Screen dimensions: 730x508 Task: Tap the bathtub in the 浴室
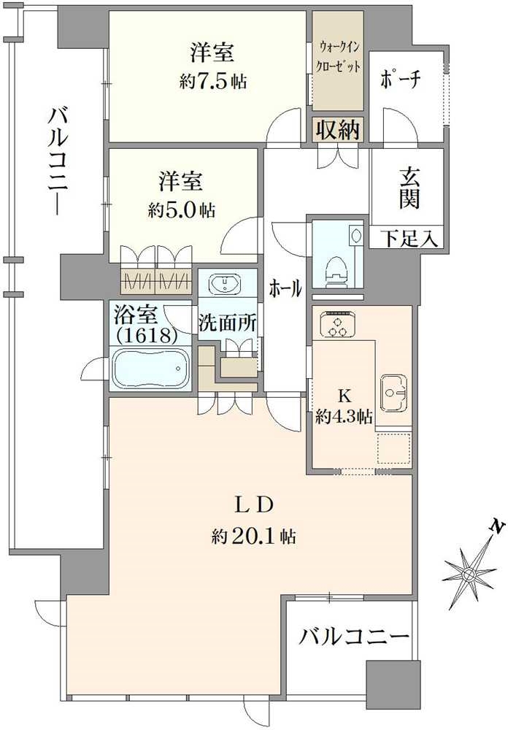pyautogui.click(x=153, y=370)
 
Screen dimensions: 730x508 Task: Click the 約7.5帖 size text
pyautogui.click(x=212, y=81)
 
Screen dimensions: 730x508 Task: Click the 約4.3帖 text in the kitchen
pyautogui.click(x=344, y=417)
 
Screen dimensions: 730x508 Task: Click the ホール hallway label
pyautogui.click(x=285, y=288)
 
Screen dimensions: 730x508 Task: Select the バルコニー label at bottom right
pyautogui.click(x=354, y=637)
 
